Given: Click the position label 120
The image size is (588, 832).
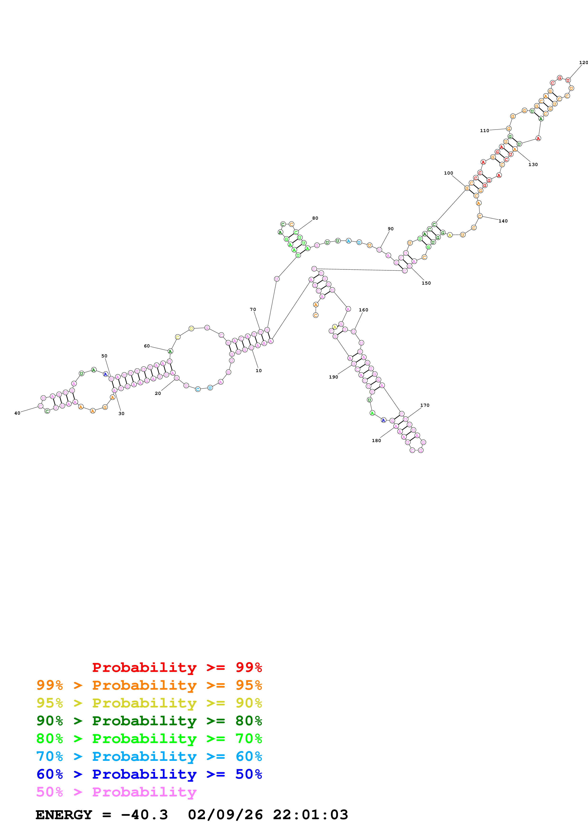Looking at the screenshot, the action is [583, 62].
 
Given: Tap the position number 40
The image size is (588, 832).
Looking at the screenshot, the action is [17, 413].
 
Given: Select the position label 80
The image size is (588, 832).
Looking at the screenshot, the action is [315, 218].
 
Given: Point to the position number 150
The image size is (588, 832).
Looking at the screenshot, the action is [426, 283].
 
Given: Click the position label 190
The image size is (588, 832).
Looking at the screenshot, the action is [333, 377].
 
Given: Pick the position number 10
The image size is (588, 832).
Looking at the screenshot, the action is [259, 370].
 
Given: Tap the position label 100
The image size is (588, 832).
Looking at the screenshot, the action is [449, 173].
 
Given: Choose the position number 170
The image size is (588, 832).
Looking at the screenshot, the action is [425, 405].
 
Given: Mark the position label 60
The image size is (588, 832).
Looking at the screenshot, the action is [147, 346].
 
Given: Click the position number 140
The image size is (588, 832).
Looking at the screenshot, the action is [503, 221].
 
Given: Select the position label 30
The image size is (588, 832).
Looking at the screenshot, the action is [121, 413].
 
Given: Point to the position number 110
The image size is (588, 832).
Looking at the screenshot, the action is [484, 130].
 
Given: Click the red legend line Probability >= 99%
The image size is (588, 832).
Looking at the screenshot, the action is [177, 667].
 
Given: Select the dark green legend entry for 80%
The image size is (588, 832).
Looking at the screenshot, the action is [149, 721].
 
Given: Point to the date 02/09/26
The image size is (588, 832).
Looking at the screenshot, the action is [225, 815].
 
